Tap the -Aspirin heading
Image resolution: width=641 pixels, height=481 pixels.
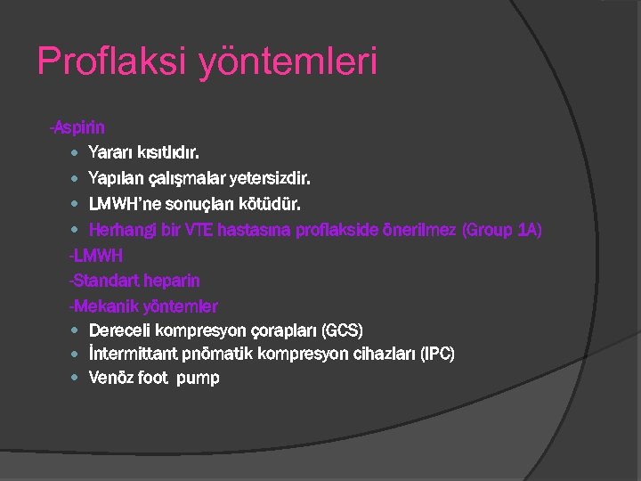(x=77, y=129)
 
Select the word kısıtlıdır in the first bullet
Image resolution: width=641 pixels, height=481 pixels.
(x=174, y=154)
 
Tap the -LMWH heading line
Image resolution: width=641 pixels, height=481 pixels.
(x=96, y=256)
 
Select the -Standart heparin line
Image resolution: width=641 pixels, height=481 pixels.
(x=134, y=281)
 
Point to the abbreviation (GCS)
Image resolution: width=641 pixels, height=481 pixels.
(x=341, y=330)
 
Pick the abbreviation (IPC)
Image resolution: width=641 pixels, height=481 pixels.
(x=434, y=354)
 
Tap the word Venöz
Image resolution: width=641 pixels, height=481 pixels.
(x=112, y=378)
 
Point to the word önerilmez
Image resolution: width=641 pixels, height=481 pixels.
(x=418, y=230)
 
